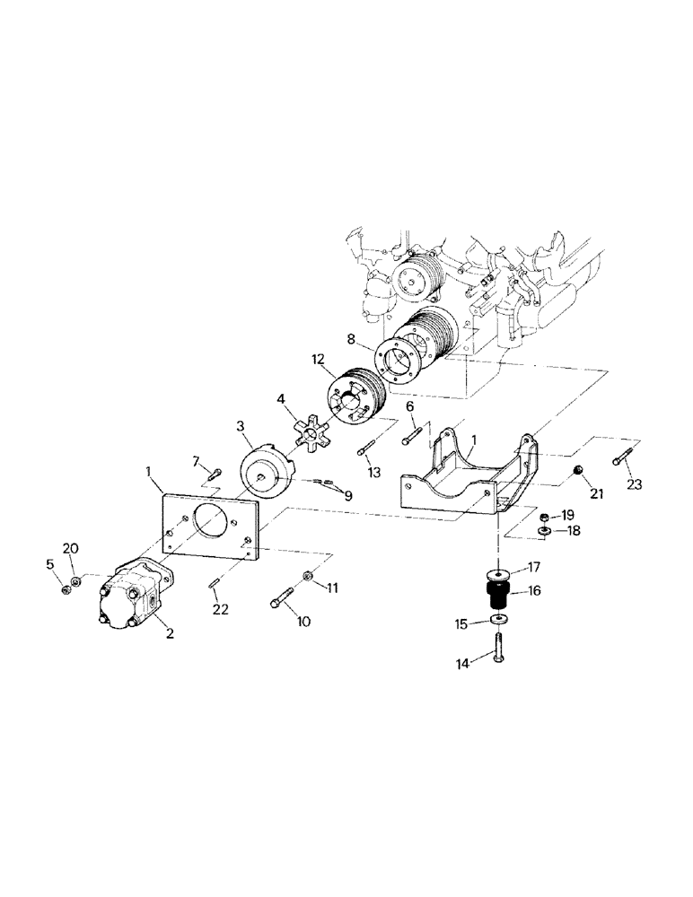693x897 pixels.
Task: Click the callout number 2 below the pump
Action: [169, 633]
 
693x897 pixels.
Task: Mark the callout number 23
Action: [636, 485]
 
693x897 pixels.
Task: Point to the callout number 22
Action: [221, 610]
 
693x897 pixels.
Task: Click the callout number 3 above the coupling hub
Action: [241, 423]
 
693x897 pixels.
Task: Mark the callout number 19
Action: [567, 516]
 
